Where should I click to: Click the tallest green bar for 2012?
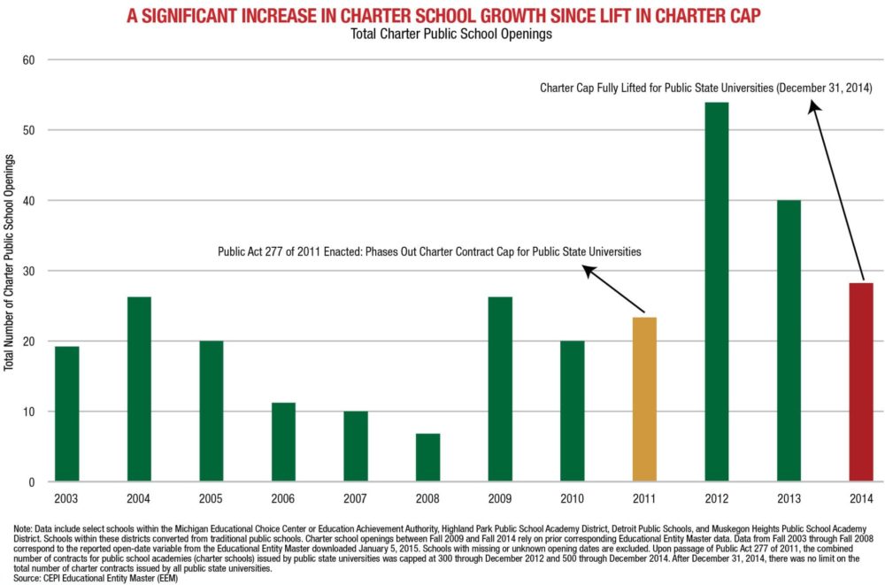717,292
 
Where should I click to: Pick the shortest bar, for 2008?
427,458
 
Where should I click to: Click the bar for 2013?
789,341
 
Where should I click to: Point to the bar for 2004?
139,389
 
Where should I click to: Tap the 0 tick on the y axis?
32,482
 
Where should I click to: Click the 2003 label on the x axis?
66,499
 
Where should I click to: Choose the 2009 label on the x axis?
500,499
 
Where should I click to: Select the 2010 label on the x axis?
572,499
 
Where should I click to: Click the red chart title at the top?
442,16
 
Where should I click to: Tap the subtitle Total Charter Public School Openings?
442,35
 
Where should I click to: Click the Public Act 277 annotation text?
429,252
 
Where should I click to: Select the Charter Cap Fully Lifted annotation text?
706,89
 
